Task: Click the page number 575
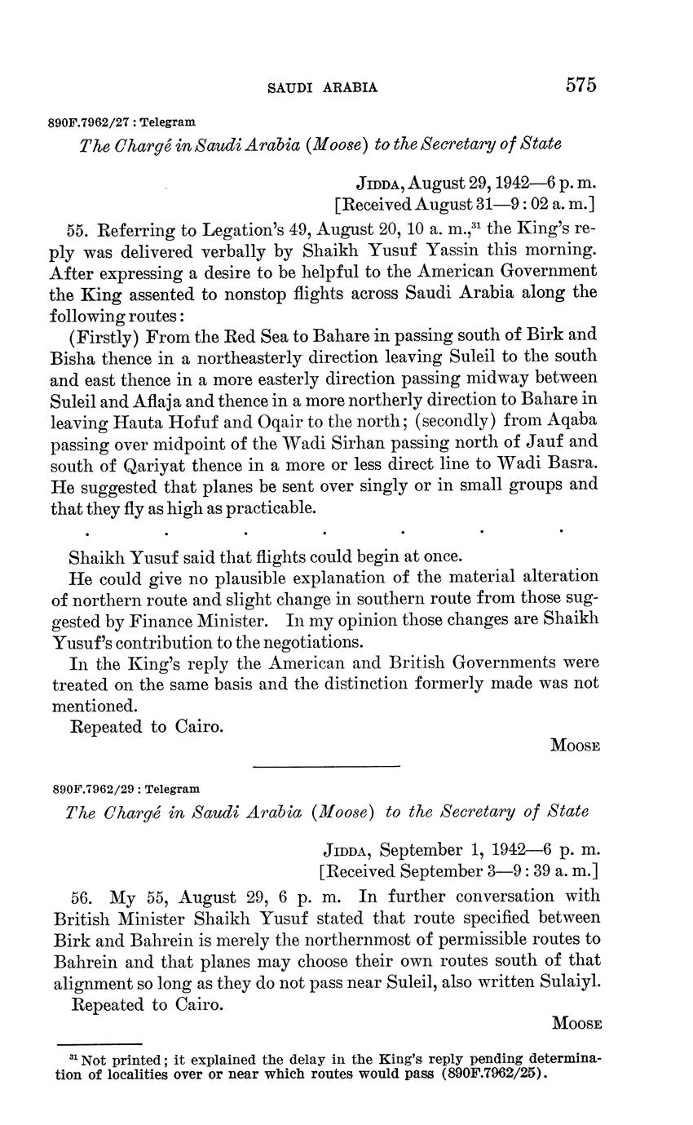[x=580, y=85]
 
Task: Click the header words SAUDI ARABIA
[x=322, y=87]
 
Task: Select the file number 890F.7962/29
[x=91, y=790]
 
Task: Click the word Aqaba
[x=574, y=420]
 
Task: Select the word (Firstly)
[x=106, y=334]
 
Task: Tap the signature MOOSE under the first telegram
[x=576, y=745]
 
